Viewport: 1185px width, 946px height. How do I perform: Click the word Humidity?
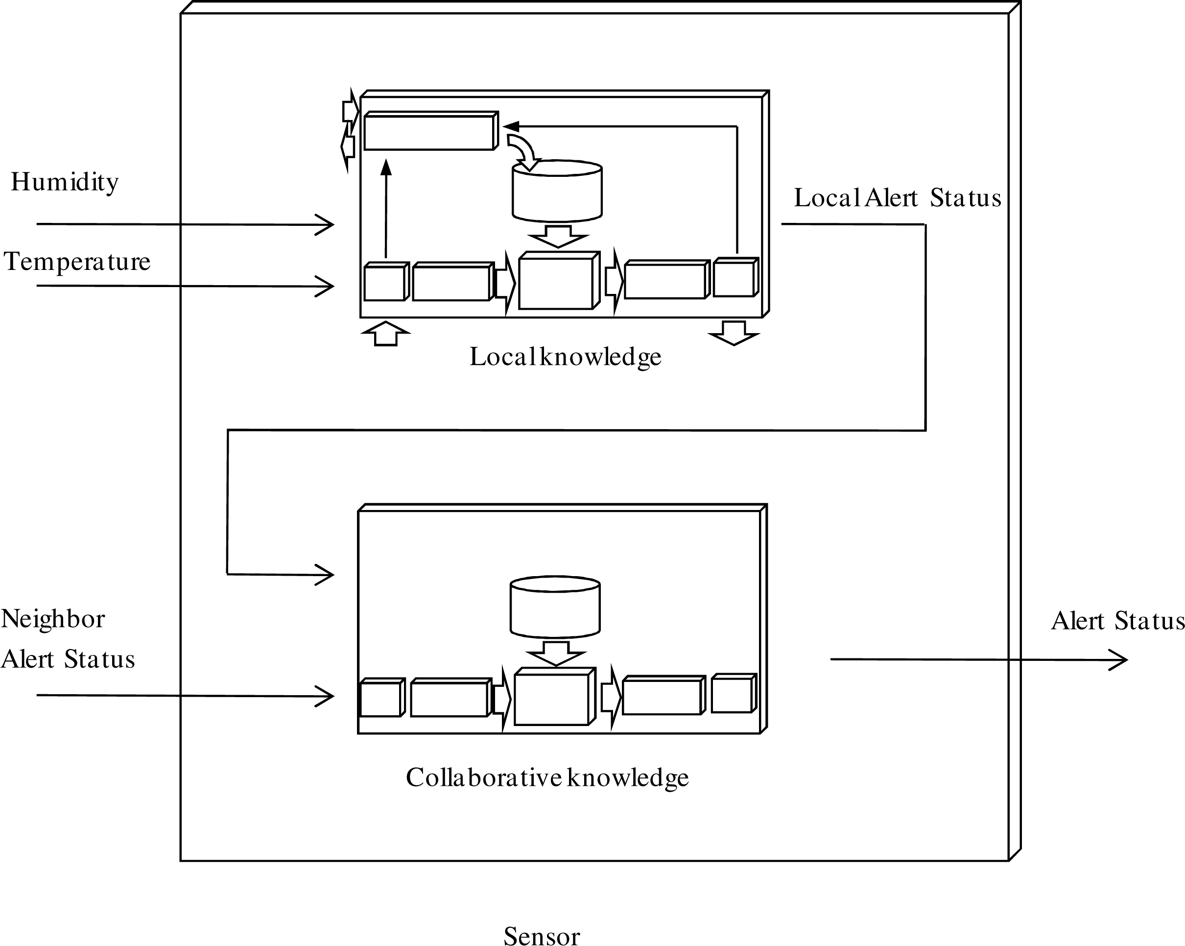pyautogui.click(x=64, y=182)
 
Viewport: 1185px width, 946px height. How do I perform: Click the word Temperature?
pyautogui.click(x=77, y=262)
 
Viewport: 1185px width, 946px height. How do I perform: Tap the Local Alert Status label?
pyautogui.click(x=897, y=198)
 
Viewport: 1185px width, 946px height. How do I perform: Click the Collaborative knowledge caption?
pyautogui.click(x=547, y=777)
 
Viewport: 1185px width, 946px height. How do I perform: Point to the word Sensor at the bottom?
pyautogui.click(x=542, y=937)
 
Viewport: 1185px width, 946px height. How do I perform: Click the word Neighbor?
pyautogui.click(x=53, y=619)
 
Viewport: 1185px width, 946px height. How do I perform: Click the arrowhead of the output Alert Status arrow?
pyautogui.click(x=1121, y=660)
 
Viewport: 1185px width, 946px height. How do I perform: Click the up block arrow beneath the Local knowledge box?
pyautogui.click(x=386, y=333)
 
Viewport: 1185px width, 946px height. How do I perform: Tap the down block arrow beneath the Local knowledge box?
pyautogui.click(x=734, y=333)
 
